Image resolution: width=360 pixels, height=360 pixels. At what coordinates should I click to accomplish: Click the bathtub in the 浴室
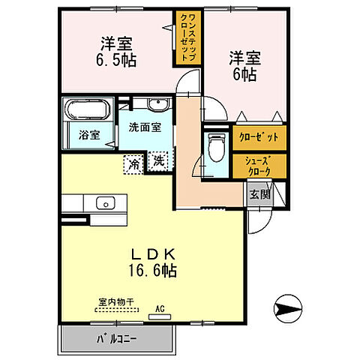pos(85,110)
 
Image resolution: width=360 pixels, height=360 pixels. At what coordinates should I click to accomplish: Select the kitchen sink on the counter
pos(103,203)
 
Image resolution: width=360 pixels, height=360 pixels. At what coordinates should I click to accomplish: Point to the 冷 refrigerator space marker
pos(133,160)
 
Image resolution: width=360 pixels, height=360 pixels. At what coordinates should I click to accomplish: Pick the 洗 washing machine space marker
pos(159,160)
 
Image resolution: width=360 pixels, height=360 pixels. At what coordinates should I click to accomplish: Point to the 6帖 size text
pos(244,74)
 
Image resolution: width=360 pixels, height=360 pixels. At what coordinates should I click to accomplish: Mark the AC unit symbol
pos(159,315)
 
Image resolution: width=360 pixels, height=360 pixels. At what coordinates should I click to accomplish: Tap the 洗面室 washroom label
pos(145,127)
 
